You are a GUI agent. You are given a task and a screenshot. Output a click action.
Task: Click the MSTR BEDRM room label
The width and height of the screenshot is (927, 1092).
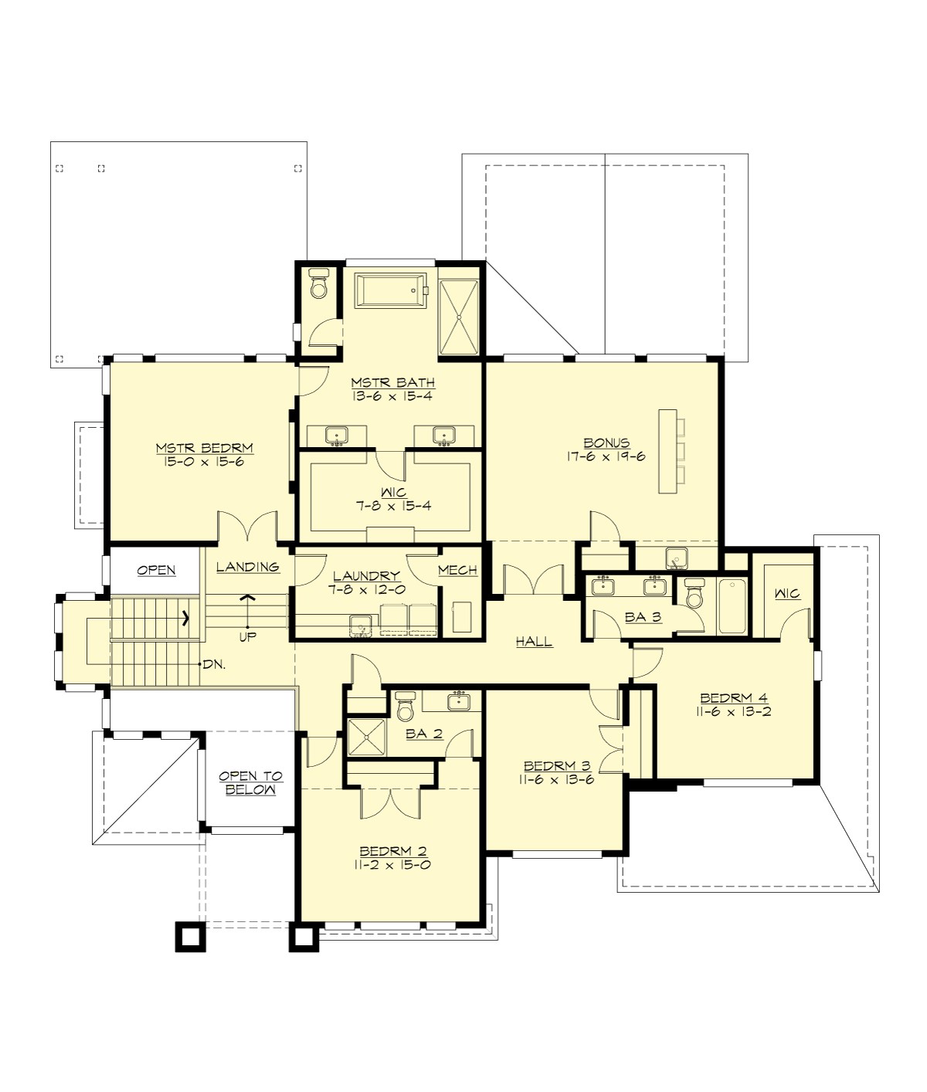click(204, 447)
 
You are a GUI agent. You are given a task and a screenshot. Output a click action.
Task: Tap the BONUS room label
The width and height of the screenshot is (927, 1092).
click(606, 443)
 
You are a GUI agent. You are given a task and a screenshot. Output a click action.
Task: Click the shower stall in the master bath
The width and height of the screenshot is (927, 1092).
click(460, 317)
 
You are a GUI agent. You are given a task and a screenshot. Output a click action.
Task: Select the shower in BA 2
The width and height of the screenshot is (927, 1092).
click(366, 738)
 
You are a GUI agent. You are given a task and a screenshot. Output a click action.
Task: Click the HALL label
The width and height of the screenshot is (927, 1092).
click(534, 641)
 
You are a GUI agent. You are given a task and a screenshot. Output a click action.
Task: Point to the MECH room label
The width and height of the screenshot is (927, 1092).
click(457, 571)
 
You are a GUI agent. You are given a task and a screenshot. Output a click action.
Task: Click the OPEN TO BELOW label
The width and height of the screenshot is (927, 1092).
click(250, 782)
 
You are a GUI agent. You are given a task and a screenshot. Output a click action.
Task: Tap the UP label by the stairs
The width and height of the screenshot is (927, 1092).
click(248, 636)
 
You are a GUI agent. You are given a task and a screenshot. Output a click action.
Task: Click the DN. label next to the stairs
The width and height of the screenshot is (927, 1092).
click(214, 664)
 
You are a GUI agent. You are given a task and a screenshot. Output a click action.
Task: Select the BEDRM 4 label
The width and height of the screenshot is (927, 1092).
click(729, 698)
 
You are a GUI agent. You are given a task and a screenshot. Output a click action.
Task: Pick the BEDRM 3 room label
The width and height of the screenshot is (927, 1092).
click(557, 765)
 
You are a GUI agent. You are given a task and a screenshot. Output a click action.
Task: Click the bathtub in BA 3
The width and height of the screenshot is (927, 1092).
click(731, 606)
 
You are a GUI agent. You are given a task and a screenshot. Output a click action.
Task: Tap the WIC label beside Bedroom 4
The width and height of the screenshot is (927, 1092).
click(787, 594)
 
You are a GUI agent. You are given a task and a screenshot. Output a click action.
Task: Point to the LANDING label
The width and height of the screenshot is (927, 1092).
click(247, 567)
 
